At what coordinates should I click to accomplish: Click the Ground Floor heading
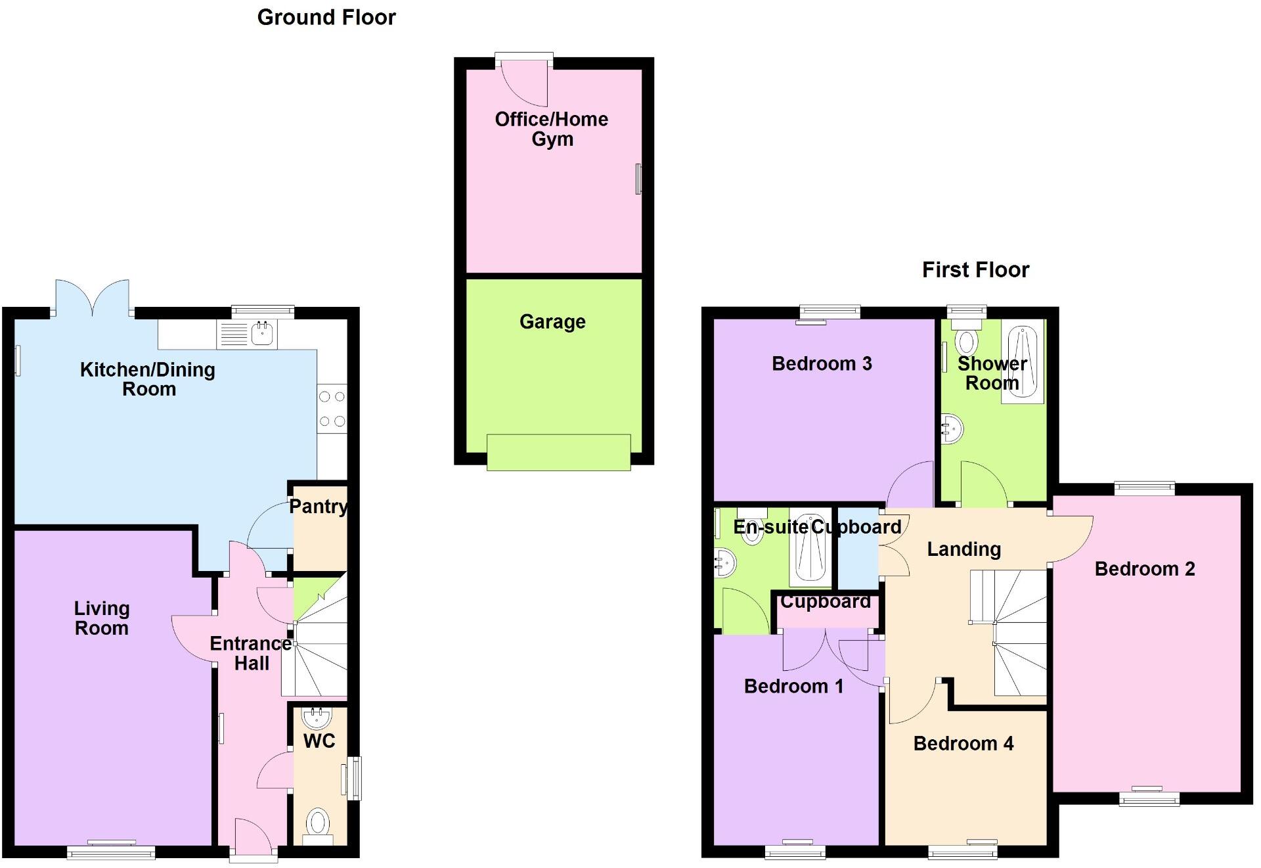pyautogui.click(x=326, y=18)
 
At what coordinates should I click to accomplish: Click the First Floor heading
pyautogui.click(x=975, y=270)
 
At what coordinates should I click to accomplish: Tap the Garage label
pyautogui.click(x=552, y=322)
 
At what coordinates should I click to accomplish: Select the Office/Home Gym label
pyautogui.click(x=552, y=129)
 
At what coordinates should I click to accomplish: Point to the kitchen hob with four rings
pyautogui.click(x=332, y=409)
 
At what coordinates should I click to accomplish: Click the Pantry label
pyautogui.click(x=319, y=507)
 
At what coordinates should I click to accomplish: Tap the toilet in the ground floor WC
pyautogui.click(x=318, y=823)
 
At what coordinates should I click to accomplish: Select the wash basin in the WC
pyautogui.click(x=318, y=716)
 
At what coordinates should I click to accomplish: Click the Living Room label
pyautogui.click(x=102, y=618)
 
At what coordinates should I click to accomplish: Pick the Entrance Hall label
pyautogui.click(x=251, y=653)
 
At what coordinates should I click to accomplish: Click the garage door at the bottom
pyautogui.click(x=558, y=452)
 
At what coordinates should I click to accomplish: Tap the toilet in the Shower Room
pyautogui.click(x=965, y=340)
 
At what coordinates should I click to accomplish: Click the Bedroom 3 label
pyautogui.click(x=822, y=364)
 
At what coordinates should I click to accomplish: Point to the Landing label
pyautogui.click(x=963, y=549)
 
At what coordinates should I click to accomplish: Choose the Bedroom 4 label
pyautogui.click(x=963, y=744)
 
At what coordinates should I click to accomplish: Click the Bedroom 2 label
pyautogui.click(x=1144, y=569)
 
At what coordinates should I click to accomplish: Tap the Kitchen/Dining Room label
pyautogui.click(x=148, y=379)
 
